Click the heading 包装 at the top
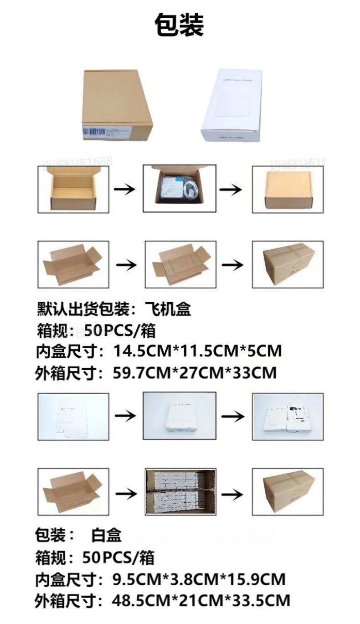(179, 25)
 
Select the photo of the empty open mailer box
(73, 189)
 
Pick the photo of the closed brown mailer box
(288, 189)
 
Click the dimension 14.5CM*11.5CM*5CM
(197, 351)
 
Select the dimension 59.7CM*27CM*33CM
(195, 373)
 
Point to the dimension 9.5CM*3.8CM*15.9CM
(199, 579)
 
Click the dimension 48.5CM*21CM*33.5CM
(201, 600)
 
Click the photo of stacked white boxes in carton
(180, 492)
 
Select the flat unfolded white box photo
(73, 417)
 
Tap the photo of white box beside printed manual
(288, 417)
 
